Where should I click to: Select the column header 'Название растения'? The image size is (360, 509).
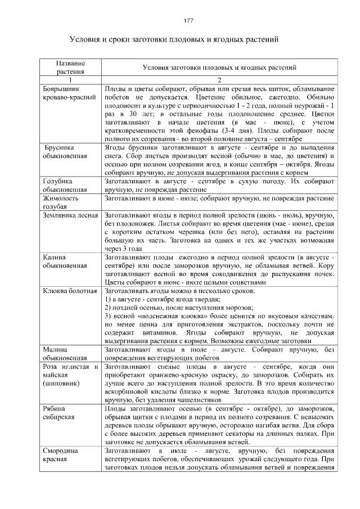[71, 67]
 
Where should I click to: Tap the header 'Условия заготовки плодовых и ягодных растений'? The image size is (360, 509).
[219, 67]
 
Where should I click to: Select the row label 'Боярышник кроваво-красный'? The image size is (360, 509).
[69, 93]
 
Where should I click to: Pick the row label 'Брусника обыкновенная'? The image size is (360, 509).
[65, 152]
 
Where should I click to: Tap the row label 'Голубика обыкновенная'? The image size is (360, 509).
[65, 185]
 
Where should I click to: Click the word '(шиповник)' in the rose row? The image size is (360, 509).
[61, 383]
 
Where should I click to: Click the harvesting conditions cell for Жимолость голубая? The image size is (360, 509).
[219, 199]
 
